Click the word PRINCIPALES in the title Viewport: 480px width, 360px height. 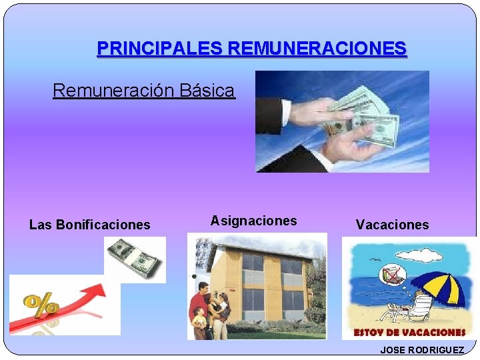click(x=159, y=49)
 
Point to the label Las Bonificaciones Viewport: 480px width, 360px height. click(x=90, y=225)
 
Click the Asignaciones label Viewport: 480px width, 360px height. click(x=254, y=221)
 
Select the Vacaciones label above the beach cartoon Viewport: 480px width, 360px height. click(x=393, y=225)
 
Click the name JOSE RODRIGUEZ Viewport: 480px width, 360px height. click(x=422, y=350)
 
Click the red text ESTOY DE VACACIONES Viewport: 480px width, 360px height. click(x=409, y=331)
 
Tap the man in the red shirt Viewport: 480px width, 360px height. click(x=201, y=303)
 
